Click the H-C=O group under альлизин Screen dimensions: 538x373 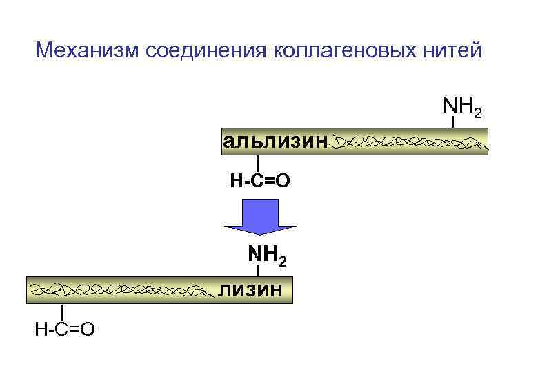[x=259, y=181]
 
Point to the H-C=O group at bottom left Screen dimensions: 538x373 [x=65, y=329]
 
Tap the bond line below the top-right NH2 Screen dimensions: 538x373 [x=453, y=122]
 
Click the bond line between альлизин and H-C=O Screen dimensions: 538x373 [x=257, y=164]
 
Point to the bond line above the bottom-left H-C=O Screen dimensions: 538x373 [x=63, y=312]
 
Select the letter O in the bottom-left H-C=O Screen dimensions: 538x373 [x=87, y=329]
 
